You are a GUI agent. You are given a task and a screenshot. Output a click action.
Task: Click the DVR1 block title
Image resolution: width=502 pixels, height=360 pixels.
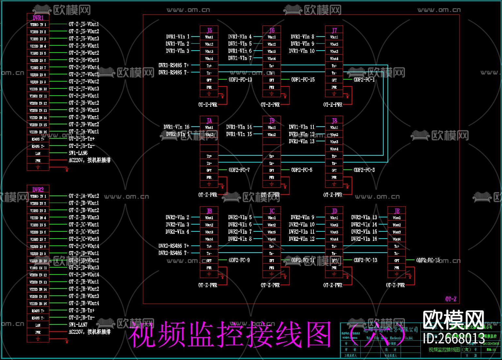tap(38, 18)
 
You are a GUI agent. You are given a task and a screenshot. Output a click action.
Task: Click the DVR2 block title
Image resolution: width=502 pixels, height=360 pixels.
tap(38, 189)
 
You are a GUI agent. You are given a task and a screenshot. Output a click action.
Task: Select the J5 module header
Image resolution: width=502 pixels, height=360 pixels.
tap(209, 30)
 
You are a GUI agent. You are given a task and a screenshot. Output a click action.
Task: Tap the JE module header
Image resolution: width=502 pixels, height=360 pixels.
tap(397, 211)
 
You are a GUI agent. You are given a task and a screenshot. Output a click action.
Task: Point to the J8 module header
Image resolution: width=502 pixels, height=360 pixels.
tap(334, 120)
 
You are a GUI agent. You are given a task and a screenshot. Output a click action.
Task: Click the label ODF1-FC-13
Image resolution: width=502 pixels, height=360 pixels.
tap(240, 80)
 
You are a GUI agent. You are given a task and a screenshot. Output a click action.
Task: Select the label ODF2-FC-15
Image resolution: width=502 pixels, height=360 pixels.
tap(428, 260)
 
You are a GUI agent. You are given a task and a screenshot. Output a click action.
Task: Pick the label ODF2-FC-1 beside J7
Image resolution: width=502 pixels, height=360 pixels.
tap(364, 80)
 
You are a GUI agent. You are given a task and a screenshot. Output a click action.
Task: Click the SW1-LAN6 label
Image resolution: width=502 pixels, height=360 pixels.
tap(78, 153)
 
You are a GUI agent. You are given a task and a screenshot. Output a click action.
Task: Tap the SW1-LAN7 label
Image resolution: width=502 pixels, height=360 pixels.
tap(78, 325)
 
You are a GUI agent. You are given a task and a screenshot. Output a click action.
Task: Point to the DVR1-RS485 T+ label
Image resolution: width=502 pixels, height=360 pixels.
tap(174, 65)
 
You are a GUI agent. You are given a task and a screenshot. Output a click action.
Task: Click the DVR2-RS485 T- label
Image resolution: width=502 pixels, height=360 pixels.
tap(174, 253)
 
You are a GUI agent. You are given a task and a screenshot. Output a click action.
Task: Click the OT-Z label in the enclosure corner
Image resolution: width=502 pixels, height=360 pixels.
tap(451, 299)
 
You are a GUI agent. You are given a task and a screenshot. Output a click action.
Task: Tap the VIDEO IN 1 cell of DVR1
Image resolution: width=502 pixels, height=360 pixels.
tap(38, 24)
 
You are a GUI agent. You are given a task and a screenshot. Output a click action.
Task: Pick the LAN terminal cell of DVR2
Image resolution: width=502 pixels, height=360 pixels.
tap(38, 325)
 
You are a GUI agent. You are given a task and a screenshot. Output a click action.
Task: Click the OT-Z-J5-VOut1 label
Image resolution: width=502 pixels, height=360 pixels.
tap(84, 24)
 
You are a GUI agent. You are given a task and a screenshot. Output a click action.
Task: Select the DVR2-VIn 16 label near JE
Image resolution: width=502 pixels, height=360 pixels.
tap(364, 239)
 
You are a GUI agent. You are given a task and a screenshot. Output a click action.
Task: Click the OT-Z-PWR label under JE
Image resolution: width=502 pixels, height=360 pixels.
tap(395, 285)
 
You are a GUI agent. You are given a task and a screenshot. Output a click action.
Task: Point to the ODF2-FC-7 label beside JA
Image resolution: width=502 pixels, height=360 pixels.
tap(239, 170)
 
